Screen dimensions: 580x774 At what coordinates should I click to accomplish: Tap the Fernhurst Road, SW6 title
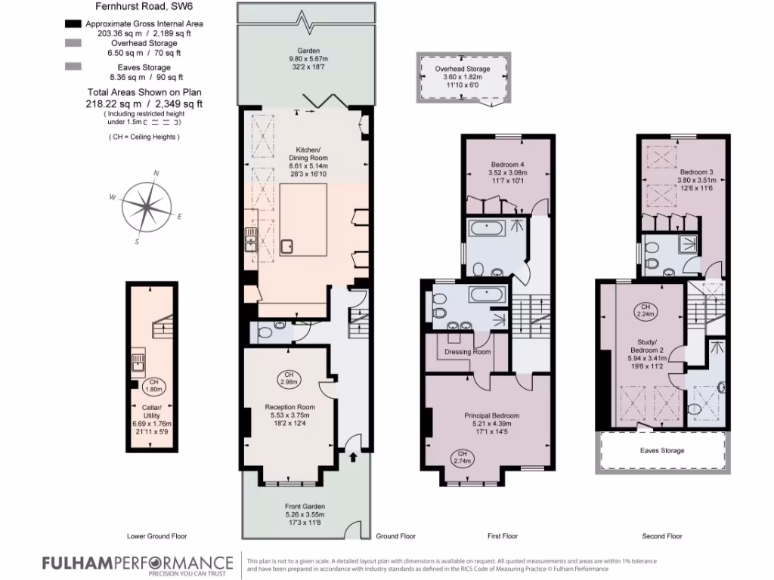[x=138, y=8]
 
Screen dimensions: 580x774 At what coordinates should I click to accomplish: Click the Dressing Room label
[x=468, y=352]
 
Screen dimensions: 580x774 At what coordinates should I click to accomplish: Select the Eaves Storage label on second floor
[x=663, y=451]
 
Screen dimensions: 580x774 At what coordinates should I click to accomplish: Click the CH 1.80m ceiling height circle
[x=154, y=385]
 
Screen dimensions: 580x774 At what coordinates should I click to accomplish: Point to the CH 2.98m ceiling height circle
[x=288, y=378]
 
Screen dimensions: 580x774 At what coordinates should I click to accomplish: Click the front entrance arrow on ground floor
[x=353, y=456]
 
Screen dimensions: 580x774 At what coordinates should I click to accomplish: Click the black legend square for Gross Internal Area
[x=74, y=24]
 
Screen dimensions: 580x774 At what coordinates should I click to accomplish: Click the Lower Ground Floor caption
[x=157, y=536]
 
